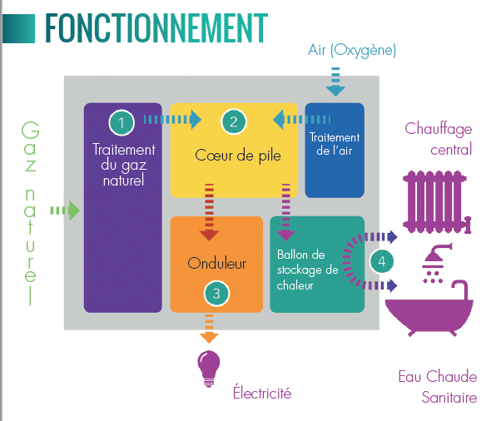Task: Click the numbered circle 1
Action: pyautogui.click(x=122, y=122)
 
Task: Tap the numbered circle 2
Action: pyautogui.click(x=234, y=121)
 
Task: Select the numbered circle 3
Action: pyautogui.click(x=216, y=294)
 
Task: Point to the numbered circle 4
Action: pyautogui.click(x=382, y=261)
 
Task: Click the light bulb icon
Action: pyautogui.click(x=209, y=369)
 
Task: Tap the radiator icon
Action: pyautogui.click(x=437, y=202)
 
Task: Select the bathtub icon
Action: pyautogui.click(x=429, y=309)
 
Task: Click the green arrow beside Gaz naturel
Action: pyautogui.click(x=65, y=210)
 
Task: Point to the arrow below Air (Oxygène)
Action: pyautogui.click(x=335, y=82)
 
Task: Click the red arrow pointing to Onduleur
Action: pyautogui.click(x=209, y=212)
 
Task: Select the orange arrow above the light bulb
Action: pyautogui.click(x=209, y=329)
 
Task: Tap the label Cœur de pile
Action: pyautogui.click(x=238, y=156)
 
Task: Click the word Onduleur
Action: pyautogui.click(x=216, y=263)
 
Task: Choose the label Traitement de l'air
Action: pyautogui.click(x=335, y=144)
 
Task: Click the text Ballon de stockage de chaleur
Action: pyautogui.click(x=307, y=270)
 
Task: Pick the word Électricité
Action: pyautogui.click(x=262, y=392)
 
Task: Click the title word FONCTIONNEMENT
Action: pyautogui.click(x=156, y=27)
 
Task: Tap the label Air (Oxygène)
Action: pyautogui.click(x=352, y=50)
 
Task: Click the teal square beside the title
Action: pyautogui.click(x=18, y=28)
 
